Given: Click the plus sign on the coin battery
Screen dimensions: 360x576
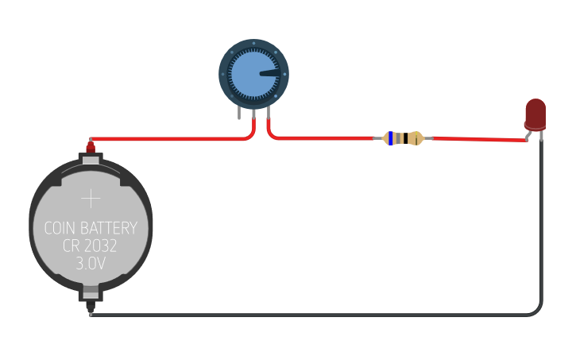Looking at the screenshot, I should pyautogui.click(x=91, y=198).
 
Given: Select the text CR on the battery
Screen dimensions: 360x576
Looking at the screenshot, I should pyautogui.click(x=72, y=246).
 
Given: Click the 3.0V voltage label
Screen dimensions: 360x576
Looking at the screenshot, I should pyautogui.click(x=91, y=264).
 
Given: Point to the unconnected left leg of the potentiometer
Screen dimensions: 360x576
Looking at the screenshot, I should pyautogui.click(x=239, y=113).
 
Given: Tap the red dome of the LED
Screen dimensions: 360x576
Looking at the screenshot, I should pyautogui.click(x=535, y=112).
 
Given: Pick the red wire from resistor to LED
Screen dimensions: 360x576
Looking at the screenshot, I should pyautogui.click(x=477, y=139).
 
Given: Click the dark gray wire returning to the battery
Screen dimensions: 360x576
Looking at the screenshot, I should pyautogui.click(x=318, y=315).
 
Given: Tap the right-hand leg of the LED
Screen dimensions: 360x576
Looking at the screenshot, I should pyautogui.click(x=542, y=136).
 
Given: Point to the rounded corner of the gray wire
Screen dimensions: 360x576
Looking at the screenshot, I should pyautogui.click(x=539, y=311).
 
